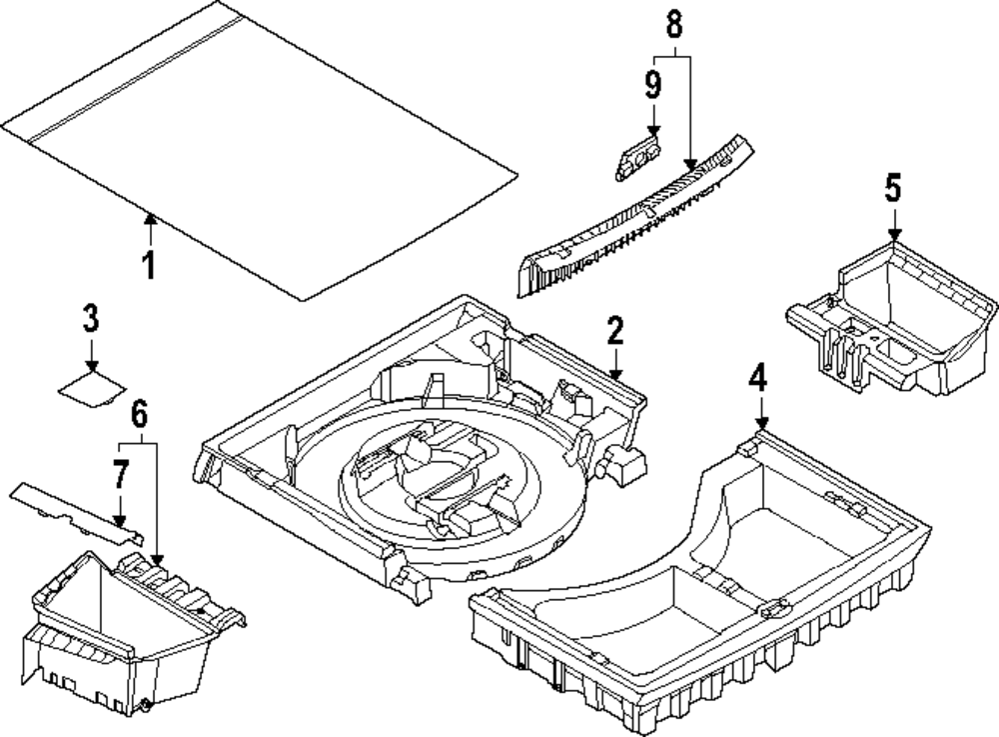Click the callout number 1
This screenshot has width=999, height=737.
[149, 265]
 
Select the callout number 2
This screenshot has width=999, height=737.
[614, 331]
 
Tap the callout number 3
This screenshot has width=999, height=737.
[91, 318]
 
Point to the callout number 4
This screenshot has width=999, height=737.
[757, 377]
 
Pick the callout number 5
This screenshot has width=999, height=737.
[893, 189]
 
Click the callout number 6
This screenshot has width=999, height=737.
[140, 414]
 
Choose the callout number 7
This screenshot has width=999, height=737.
[121, 475]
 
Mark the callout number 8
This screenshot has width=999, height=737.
[674, 24]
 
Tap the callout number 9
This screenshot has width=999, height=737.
[653, 85]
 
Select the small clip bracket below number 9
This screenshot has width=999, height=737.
[637, 157]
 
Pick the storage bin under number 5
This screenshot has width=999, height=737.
[892, 319]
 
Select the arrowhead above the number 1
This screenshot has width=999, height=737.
[151, 219]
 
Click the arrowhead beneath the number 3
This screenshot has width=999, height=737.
[92, 365]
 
